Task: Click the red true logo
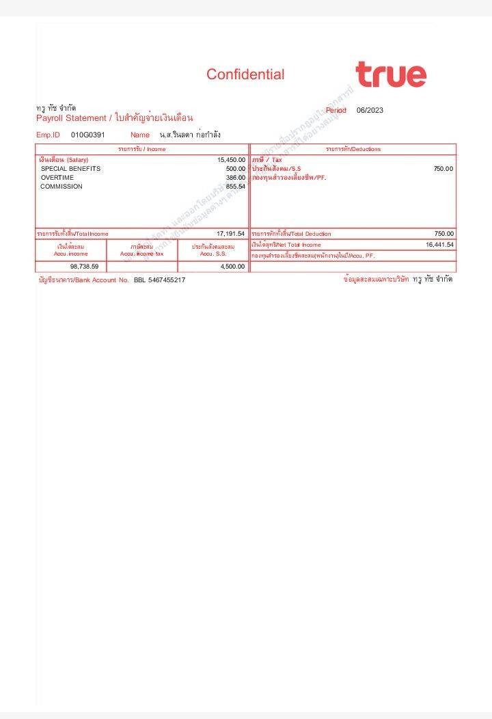(390, 74)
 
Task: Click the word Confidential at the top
(245, 74)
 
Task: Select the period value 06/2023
(370, 110)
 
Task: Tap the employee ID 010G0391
(88, 135)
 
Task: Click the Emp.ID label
(48, 135)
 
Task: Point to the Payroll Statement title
(114, 118)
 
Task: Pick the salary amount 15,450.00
(231, 160)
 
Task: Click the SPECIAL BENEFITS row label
(70, 169)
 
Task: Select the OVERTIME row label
(57, 178)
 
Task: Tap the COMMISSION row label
(61, 187)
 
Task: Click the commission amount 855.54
(235, 187)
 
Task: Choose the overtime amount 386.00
(235, 178)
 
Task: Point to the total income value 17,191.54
(230, 234)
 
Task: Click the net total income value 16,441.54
(439, 244)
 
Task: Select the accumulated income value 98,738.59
(84, 267)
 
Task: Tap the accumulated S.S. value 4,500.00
(232, 267)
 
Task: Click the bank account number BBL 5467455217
(159, 280)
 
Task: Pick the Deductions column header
(353, 149)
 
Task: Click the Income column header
(141, 149)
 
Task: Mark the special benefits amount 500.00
(235, 169)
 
